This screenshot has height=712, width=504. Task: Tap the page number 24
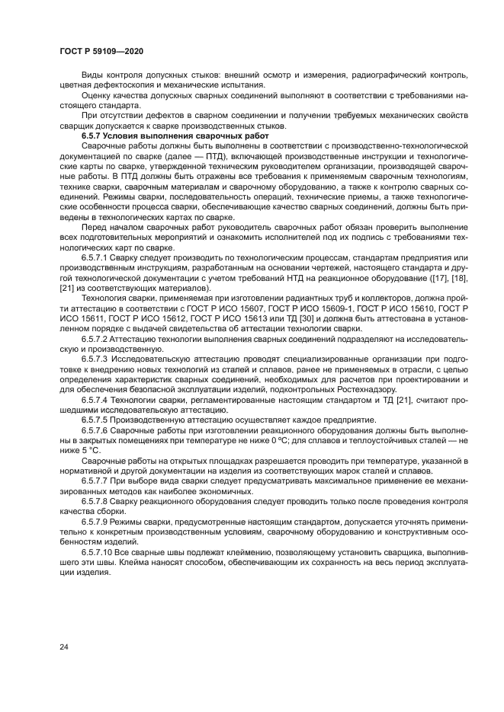coord(64,647)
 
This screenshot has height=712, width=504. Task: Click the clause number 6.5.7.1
coord(98,257)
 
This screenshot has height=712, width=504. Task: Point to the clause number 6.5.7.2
coord(98,337)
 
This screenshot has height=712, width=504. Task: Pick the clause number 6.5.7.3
coord(98,357)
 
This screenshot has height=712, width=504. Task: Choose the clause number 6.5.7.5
coord(98,419)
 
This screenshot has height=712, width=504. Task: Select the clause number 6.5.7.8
coord(98,502)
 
